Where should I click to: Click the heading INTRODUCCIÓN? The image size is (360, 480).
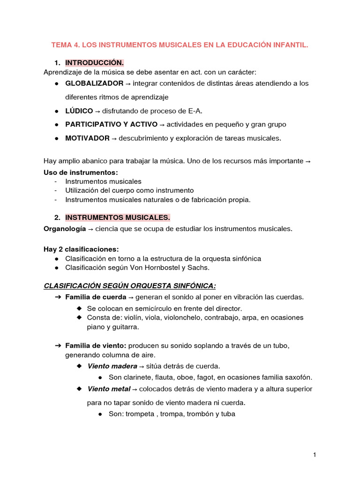(94, 63)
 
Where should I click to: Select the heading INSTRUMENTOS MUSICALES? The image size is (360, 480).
(118, 217)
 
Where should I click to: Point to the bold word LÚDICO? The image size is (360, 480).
(79, 111)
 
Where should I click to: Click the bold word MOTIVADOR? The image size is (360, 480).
(87, 138)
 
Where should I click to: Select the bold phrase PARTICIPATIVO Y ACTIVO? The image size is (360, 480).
(111, 124)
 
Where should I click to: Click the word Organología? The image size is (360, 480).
(65, 229)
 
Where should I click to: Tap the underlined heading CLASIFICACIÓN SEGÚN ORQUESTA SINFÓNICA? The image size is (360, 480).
(130, 285)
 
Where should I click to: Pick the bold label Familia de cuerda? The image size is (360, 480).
(96, 297)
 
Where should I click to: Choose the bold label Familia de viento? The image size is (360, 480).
(96, 345)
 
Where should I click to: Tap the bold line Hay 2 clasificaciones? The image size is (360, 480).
(81, 249)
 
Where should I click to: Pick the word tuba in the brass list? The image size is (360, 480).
(227, 414)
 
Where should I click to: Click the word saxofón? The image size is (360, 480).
(297, 377)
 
